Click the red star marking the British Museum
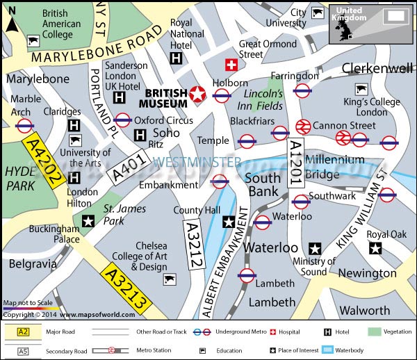[198, 95]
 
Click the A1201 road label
[295, 162]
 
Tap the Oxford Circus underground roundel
[122, 120]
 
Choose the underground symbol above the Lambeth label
[247, 275]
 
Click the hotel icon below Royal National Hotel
[177, 59]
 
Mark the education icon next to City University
[318, 13]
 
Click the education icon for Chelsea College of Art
[168, 279]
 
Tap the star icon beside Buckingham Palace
[88, 222]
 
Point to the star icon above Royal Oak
[375, 248]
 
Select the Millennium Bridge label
[334, 167]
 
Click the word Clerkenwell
[377, 68]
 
